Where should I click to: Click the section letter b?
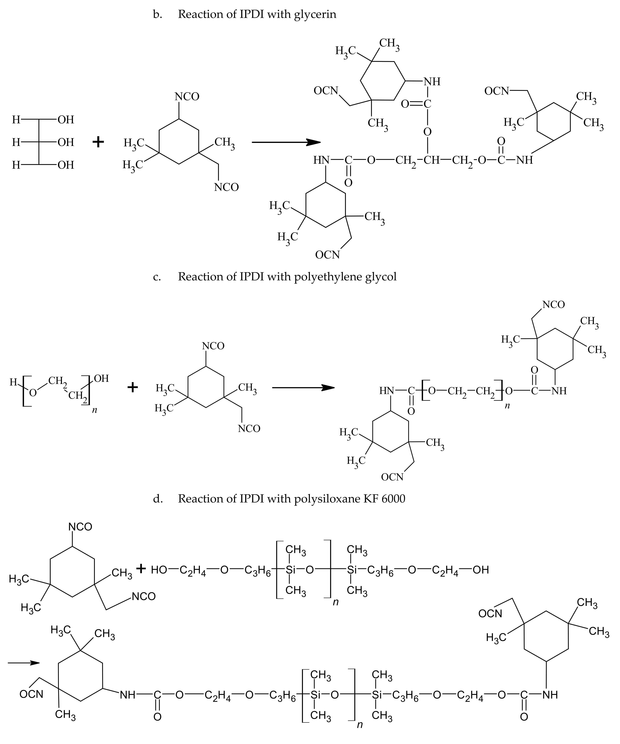tap(157, 14)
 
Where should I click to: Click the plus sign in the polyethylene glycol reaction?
tap(132, 387)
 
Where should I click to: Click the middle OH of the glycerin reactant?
tap(66, 142)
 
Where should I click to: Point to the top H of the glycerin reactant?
tap(16, 120)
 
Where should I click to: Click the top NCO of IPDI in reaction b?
tap(187, 96)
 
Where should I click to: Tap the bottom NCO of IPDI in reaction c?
tap(249, 429)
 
